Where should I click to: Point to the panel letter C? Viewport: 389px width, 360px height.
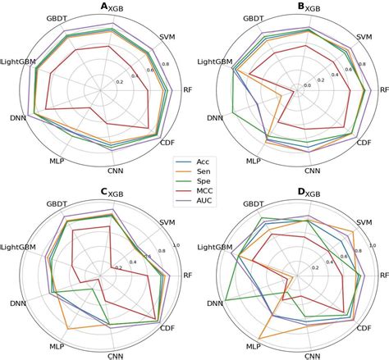coord(104,192)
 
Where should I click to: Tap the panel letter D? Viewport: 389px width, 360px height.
coord(301,192)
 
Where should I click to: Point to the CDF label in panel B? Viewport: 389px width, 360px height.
coord(364,143)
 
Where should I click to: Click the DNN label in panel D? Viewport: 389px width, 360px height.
coord(215,304)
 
